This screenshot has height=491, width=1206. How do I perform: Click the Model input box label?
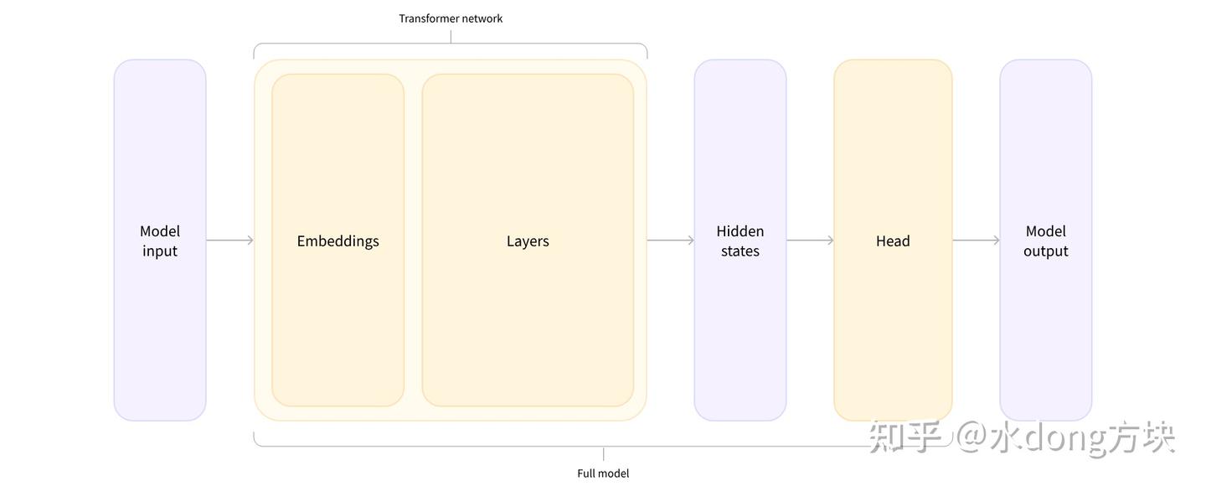point(160,240)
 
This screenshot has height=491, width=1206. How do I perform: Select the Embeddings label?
point(338,240)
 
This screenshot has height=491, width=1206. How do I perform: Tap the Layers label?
point(528,240)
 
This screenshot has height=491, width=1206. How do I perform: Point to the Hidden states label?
point(740,240)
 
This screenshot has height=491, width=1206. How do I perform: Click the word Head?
point(893,240)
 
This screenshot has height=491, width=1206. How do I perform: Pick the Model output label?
point(1046,240)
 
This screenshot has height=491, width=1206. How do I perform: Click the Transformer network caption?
point(451,18)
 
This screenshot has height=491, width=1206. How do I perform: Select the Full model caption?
point(603,473)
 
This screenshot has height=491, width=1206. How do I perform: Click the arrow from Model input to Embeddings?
point(229,240)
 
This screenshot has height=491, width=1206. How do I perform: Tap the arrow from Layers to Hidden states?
point(670,240)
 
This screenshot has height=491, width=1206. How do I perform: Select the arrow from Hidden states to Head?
point(811,240)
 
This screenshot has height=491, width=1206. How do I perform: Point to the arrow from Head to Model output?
point(977,240)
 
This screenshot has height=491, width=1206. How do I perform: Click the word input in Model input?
point(160,251)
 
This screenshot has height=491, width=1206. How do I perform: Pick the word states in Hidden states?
point(740,251)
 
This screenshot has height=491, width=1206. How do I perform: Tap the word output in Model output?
point(1046,251)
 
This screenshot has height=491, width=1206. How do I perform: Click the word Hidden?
point(740,231)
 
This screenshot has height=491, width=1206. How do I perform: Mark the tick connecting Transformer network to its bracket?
point(451,37)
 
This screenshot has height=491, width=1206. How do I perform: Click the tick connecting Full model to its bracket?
point(604,453)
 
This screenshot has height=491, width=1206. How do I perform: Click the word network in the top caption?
point(480,18)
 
